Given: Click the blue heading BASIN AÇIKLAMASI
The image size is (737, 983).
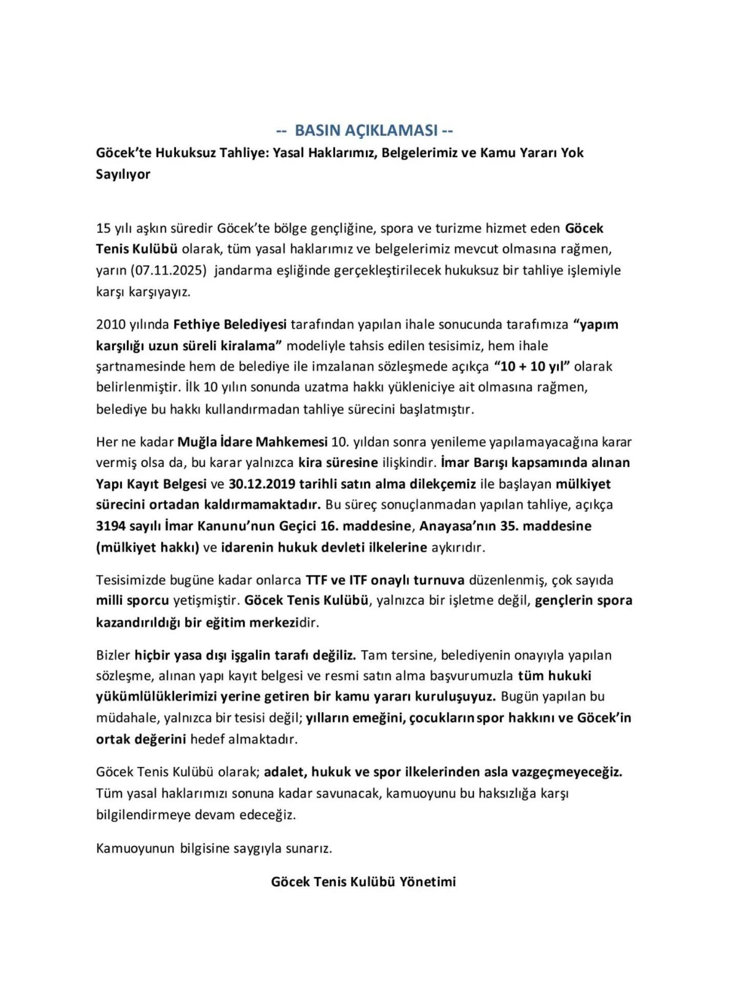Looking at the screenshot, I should (364, 131).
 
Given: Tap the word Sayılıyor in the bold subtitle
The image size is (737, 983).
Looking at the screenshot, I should (123, 174).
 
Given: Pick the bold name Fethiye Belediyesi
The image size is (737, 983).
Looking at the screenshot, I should (230, 325).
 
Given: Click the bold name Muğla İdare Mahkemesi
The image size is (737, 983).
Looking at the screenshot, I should (252, 442).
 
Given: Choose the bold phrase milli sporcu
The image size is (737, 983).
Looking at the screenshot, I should (133, 601).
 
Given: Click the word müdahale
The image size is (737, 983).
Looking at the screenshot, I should (128, 718).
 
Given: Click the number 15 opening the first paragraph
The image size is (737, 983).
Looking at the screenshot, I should (103, 228).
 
